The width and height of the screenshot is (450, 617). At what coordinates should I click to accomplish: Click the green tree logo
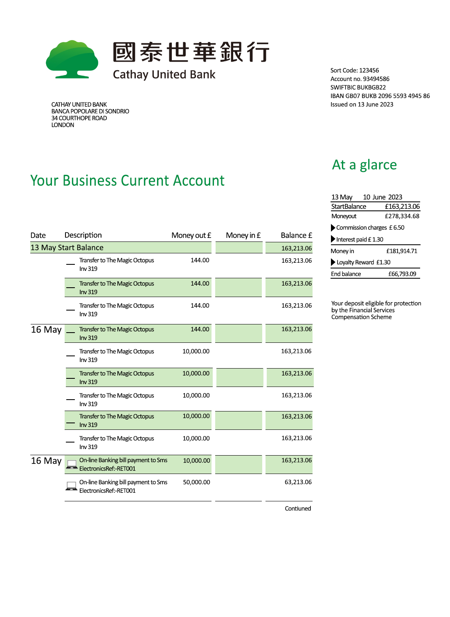pyautogui.click(x=72, y=59)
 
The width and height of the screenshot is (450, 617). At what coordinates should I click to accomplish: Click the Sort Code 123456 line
pyautogui.click(x=354, y=70)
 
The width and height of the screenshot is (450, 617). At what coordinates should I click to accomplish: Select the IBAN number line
pyautogui.click(x=380, y=96)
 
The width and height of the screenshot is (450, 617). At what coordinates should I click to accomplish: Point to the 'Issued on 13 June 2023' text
pyautogui.click(x=362, y=105)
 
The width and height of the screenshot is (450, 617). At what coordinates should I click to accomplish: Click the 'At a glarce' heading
pyautogui.click(x=364, y=165)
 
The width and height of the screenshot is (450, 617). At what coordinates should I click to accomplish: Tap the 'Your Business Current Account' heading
pyautogui.click(x=127, y=181)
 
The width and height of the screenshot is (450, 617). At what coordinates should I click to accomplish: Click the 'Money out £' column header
pyautogui.click(x=191, y=235)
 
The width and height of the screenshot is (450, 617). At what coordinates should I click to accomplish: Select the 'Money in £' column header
pyautogui.click(x=243, y=235)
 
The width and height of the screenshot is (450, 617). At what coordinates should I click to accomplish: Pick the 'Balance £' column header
pyautogui.click(x=296, y=235)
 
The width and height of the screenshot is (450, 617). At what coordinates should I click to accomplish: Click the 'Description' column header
pyautogui.click(x=83, y=235)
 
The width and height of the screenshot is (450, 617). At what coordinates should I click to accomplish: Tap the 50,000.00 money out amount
pyautogui.click(x=196, y=482)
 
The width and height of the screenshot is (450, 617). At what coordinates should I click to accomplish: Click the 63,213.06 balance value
pyautogui.click(x=298, y=482)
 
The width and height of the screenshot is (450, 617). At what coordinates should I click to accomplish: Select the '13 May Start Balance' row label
pyautogui.click(x=67, y=248)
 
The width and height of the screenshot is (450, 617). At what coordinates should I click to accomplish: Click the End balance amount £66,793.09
pyautogui.click(x=402, y=274)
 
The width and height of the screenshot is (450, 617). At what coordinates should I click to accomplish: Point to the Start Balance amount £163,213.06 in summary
pyautogui.click(x=402, y=207)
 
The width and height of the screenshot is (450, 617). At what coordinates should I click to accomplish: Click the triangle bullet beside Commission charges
pyautogui.click(x=333, y=228)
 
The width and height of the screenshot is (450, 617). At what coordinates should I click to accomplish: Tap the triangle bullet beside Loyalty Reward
pyautogui.click(x=333, y=262)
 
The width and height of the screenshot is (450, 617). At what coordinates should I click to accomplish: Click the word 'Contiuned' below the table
pyautogui.click(x=298, y=509)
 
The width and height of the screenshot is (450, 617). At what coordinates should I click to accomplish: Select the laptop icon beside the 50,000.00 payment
pyautogui.click(x=72, y=486)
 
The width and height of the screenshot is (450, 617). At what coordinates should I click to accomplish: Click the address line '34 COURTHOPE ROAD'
pyautogui.click(x=79, y=118)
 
